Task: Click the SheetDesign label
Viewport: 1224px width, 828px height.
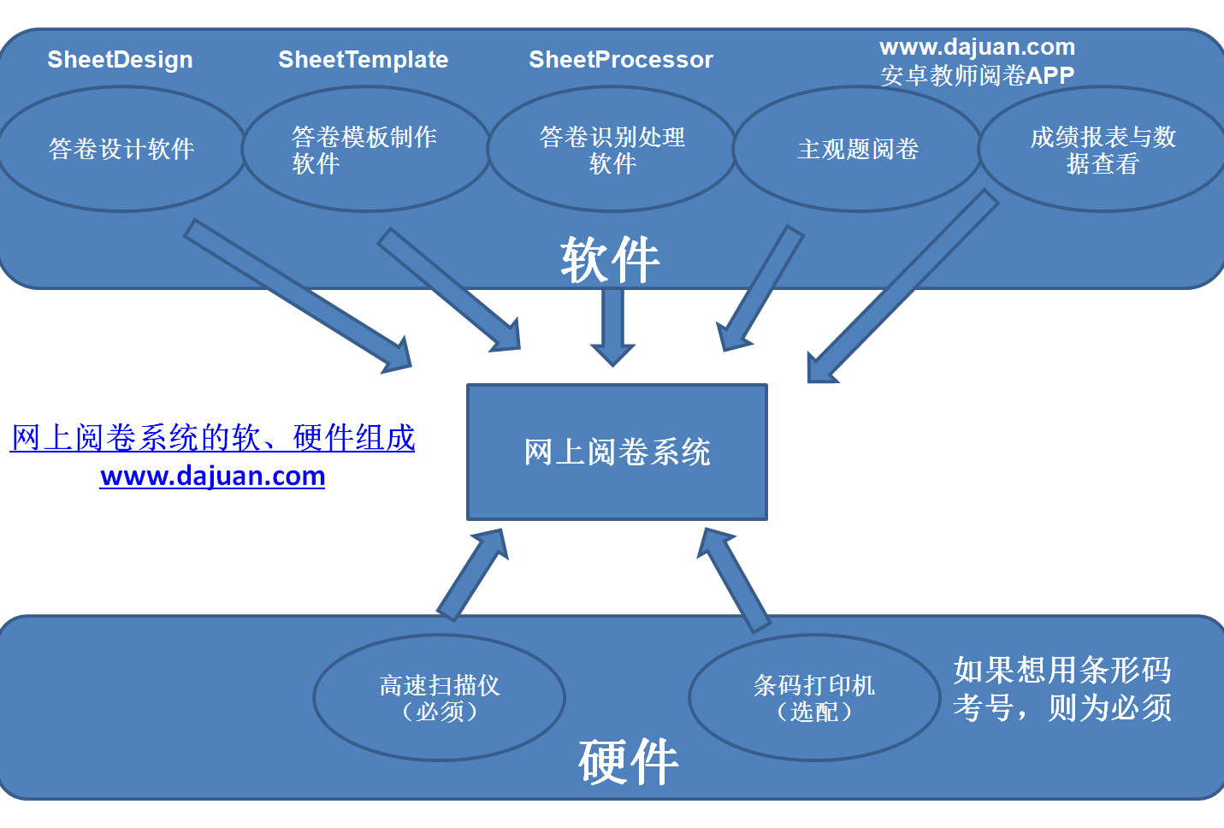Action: [121, 60]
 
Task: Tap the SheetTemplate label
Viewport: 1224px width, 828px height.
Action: [364, 60]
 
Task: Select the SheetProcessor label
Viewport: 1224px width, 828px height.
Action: [621, 60]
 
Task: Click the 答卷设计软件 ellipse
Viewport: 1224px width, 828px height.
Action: [121, 149]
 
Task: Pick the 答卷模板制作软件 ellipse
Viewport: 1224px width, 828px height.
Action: [365, 149]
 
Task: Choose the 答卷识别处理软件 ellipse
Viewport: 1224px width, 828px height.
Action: [612, 149]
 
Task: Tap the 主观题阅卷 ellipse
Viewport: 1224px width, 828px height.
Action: [857, 149]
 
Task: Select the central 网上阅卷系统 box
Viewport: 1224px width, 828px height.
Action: [617, 452]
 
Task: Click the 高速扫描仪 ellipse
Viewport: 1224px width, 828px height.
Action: [440, 697]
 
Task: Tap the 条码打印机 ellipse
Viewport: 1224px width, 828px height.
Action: [814, 697]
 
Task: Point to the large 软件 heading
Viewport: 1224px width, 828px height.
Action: [610, 260]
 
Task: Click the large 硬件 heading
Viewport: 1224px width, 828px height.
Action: [629, 761]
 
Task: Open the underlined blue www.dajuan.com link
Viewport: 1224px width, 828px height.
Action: [213, 476]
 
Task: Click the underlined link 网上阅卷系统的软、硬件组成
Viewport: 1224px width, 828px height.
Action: [213, 438]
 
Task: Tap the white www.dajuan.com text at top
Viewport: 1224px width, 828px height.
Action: [977, 47]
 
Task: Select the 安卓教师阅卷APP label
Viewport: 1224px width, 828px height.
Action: [977, 75]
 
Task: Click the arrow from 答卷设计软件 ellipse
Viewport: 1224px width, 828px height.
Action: [298, 297]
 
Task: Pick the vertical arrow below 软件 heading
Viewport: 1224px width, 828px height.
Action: [612, 328]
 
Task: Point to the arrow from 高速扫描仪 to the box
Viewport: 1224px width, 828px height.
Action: [473, 575]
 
